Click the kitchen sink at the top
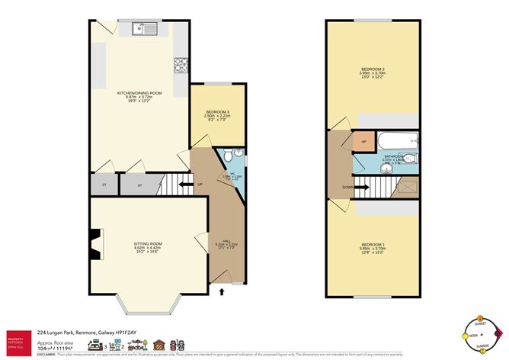(143, 30)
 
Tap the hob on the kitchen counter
(181, 65)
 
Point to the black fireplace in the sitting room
(94, 243)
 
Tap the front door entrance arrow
(222, 291)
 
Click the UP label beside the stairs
(200, 184)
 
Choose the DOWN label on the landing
(347, 185)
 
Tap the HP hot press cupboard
(363, 142)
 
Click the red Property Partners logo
(18, 339)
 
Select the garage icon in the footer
(159, 346)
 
